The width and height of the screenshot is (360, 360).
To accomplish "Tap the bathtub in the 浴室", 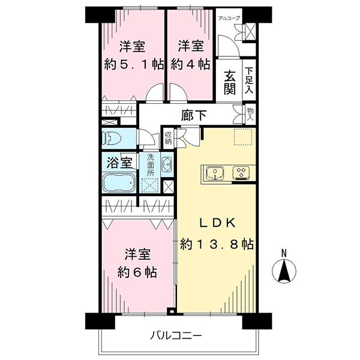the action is click(x=119, y=183).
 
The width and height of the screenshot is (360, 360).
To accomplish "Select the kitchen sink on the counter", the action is click(x=215, y=173).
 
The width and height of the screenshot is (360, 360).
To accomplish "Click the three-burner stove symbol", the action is click(x=241, y=173).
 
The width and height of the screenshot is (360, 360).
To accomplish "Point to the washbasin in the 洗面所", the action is click(x=167, y=164).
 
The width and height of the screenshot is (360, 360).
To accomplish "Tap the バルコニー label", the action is click(x=176, y=336).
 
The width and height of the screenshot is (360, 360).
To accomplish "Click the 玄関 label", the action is click(x=230, y=83).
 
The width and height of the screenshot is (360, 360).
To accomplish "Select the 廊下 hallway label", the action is click(x=194, y=115).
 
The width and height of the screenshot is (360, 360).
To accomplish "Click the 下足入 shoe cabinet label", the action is click(x=249, y=80).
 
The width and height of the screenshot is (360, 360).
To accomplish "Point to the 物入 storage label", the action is click(x=250, y=115).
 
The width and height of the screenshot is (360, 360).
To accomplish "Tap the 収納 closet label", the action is click(x=168, y=138).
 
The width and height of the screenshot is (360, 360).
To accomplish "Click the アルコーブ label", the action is click(x=229, y=18).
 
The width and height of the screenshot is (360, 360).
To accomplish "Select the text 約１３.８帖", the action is click(x=217, y=244).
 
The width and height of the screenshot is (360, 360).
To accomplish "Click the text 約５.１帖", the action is click(x=134, y=64).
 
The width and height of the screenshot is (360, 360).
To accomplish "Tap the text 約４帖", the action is click(x=190, y=64).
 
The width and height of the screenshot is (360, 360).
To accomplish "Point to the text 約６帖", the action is click(x=137, y=272).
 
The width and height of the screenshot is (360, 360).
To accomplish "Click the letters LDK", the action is click(x=217, y=223).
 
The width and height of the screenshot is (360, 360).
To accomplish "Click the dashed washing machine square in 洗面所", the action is click(x=150, y=185).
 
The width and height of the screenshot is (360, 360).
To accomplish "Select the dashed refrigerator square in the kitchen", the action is click(x=245, y=137).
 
